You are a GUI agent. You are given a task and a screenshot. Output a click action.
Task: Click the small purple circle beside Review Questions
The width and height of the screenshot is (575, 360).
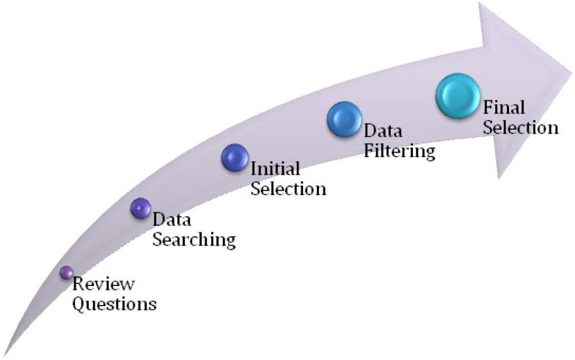pyautogui.click(x=66, y=273)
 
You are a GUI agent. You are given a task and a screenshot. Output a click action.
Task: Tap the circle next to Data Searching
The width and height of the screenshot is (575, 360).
pyautogui.click(x=141, y=208)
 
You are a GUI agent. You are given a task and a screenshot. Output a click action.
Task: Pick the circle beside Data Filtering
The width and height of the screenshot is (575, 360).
pyautogui.click(x=345, y=120)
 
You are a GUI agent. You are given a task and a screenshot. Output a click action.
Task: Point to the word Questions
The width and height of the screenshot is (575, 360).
pyautogui.click(x=114, y=303)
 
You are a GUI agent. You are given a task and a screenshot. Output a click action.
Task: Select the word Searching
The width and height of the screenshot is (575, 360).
pyautogui.click(x=194, y=239)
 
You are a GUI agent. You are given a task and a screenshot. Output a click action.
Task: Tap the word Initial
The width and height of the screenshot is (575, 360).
pyautogui.click(x=276, y=169)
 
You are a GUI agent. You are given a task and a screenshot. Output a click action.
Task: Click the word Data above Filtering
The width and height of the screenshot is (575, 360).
pyautogui.click(x=383, y=132)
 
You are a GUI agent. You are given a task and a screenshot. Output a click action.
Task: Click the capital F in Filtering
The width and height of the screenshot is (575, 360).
pyautogui.click(x=370, y=151)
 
